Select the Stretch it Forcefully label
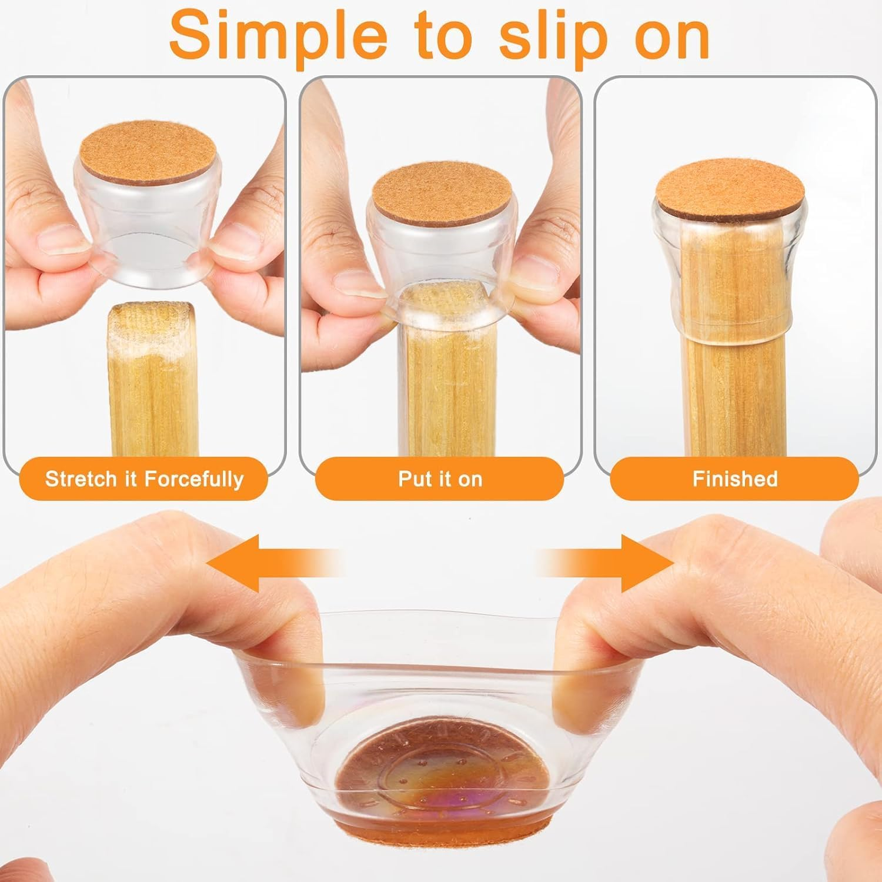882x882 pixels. coord(144,479)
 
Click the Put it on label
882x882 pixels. coord(440,479)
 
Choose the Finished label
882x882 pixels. coord(735,479)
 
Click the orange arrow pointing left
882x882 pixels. coord(274,563)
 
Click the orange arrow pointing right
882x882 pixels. coord(606,563)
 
